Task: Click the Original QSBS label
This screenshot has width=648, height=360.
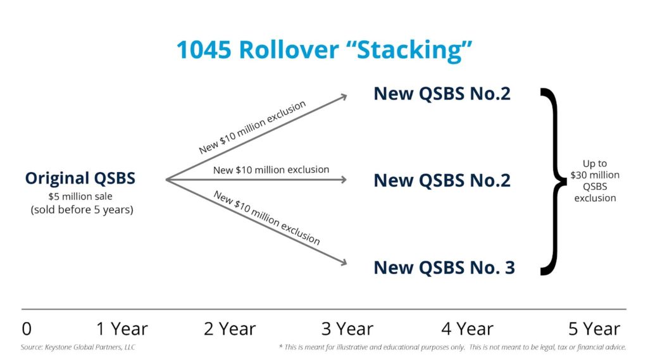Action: tap(80, 178)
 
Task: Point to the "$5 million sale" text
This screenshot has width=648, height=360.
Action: tap(80, 196)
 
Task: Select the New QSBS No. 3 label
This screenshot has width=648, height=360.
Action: tap(444, 268)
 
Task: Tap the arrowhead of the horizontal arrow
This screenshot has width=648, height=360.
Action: tap(344, 180)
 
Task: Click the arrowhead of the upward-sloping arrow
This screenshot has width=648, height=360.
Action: tap(344, 96)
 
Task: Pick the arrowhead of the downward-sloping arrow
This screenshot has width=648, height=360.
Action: tap(344, 263)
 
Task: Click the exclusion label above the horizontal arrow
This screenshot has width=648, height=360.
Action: tap(271, 170)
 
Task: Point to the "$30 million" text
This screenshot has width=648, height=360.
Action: tap(595, 175)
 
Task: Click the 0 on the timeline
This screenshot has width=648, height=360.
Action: tap(27, 329)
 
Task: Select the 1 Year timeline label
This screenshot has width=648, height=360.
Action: tap(121, 329)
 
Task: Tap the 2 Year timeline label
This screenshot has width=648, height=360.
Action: tap(230, 329)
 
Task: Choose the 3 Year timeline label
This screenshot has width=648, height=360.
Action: tap(347, 329)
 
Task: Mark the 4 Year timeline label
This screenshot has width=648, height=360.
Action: tap(467, 329)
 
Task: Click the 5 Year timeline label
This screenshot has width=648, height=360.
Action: tap(594, 329)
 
